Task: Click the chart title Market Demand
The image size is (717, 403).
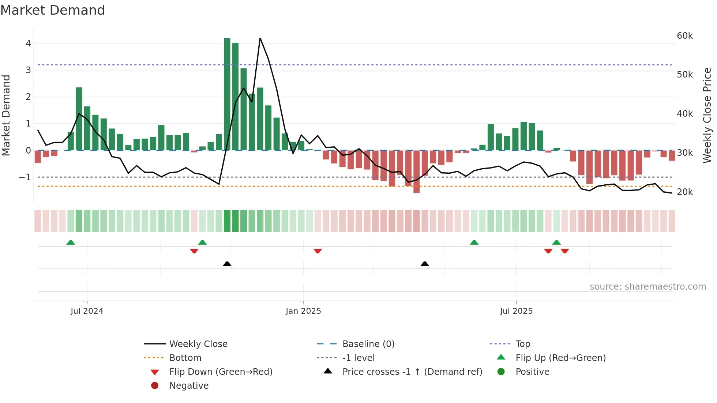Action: [53, 10]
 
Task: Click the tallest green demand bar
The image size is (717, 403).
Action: [227, 94]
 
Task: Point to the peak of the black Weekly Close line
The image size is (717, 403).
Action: [260, 38]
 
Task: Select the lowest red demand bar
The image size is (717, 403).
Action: [416, 172]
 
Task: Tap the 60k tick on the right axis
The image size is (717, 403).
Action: [684, 36]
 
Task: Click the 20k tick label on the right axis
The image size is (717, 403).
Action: [684, 192]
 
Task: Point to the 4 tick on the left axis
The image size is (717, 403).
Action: [28, 44]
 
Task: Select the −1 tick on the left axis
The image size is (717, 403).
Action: [25, 177]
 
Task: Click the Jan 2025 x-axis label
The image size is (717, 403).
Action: [303, 311]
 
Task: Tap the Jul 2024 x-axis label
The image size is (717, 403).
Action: [87, 311]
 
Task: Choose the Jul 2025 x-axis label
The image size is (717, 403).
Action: [516, 311]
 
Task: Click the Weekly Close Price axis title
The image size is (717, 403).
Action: [707, 115]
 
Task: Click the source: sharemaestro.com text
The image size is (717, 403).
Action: [647, 287]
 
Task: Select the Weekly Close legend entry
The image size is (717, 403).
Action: [198, 344]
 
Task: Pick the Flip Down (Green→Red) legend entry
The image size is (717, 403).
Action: [221, 372]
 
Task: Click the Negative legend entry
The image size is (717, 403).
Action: [189, 386]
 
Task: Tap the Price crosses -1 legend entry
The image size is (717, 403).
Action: [412, 372]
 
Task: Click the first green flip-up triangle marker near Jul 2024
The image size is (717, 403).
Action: [71, 242]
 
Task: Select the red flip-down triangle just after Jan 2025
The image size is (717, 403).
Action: [318, 251]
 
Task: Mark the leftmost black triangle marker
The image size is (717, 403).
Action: [227, 264]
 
